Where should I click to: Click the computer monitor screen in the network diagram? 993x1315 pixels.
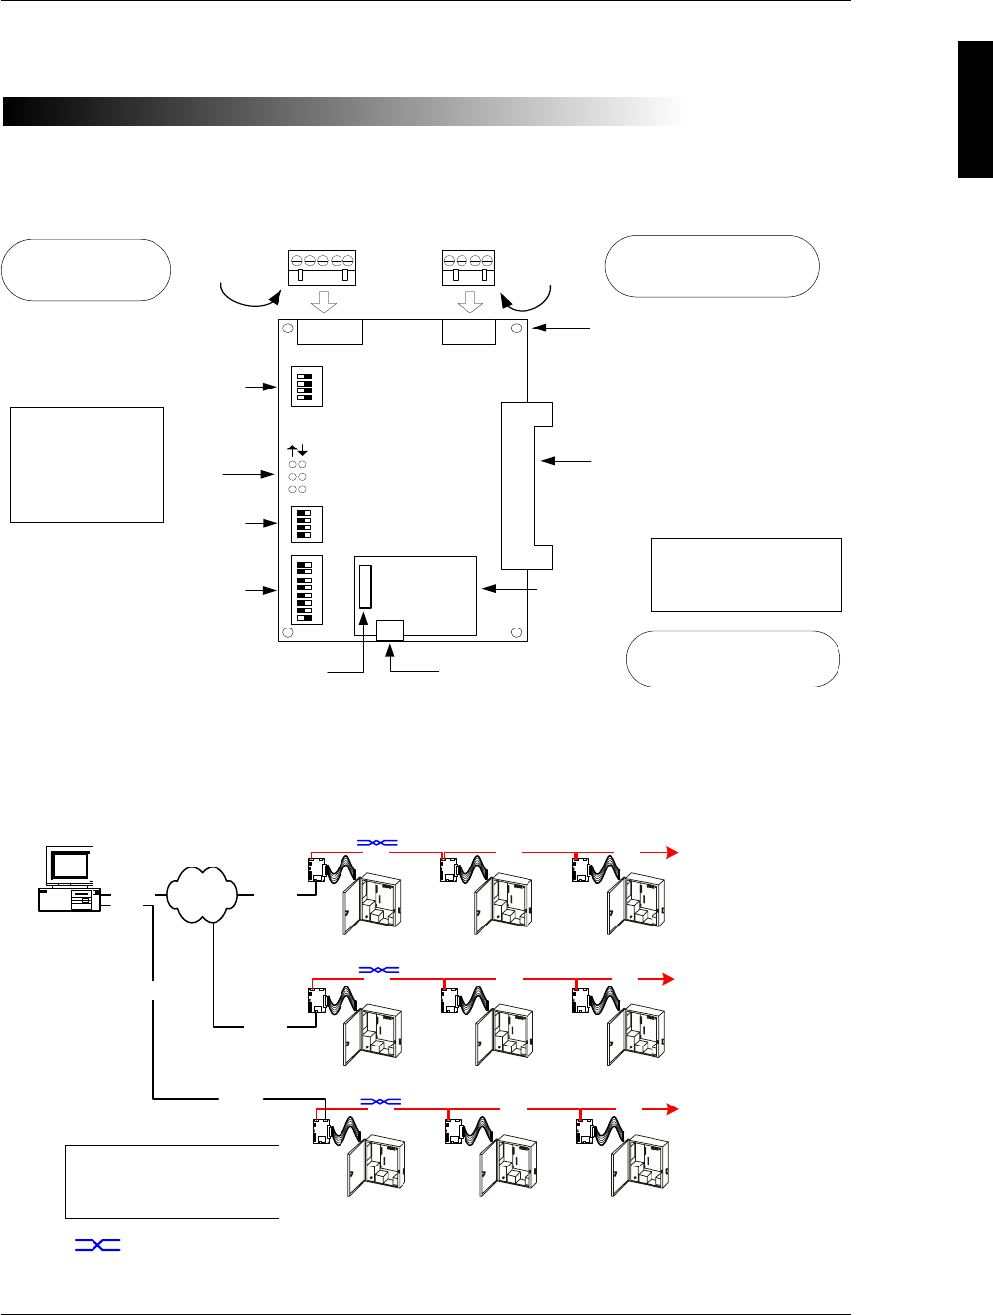tap(70, 865)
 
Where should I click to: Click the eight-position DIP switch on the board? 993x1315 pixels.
tap(307, 590)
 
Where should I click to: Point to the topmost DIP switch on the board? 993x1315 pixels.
tap(307, 387)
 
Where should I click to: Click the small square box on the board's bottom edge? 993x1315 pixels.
tap(391, 629)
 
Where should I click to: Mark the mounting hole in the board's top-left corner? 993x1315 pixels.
tap(287, 329)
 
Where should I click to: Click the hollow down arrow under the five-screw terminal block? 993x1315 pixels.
tap(323, 302)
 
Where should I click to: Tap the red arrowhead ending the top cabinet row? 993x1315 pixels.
tap(672, 852)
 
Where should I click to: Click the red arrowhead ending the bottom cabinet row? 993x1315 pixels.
tap(672, 1108)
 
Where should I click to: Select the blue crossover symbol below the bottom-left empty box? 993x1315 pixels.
tap(97, 1245)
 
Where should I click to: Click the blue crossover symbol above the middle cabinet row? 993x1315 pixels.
tap(378, 970)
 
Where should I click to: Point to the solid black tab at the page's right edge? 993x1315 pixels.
tap(975, 110)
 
